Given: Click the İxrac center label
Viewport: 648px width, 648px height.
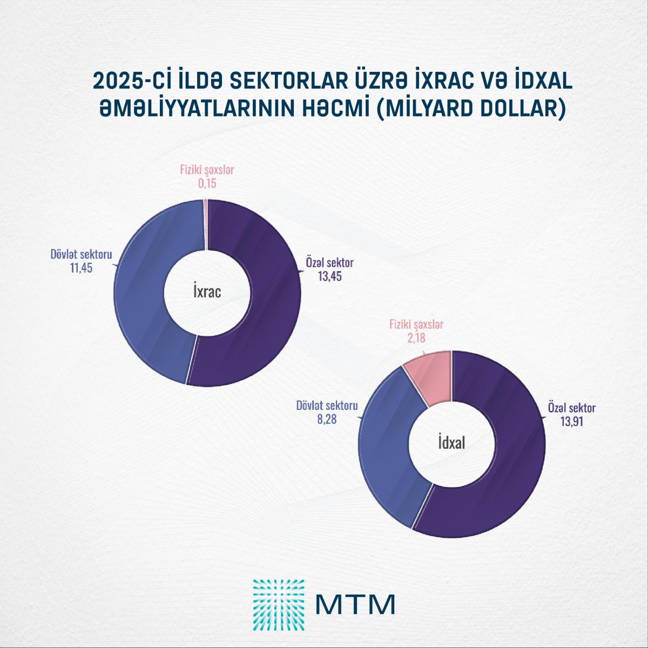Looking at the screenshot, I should click(207, 292).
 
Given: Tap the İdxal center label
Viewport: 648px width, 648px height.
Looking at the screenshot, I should click(451, 443).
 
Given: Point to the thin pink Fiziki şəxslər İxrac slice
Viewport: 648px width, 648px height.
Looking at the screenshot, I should click(206, 224).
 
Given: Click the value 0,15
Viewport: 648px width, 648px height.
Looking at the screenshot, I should click(207, 184).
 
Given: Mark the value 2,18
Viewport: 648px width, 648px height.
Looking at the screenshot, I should click(416, 338).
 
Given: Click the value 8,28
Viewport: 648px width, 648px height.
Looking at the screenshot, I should click(327, 418).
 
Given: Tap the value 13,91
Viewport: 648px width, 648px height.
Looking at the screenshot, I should click(571, 422).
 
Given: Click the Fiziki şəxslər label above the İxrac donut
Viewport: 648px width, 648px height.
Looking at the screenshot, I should click(207, 170).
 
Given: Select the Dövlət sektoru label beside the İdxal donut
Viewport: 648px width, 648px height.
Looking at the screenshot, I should click(327, 405).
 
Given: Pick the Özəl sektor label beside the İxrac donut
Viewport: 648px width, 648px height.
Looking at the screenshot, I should click(329, 263).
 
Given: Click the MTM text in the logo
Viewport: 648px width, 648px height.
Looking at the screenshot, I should click(355, 604).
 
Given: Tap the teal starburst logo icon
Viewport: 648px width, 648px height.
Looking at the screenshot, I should click(279, 605).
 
